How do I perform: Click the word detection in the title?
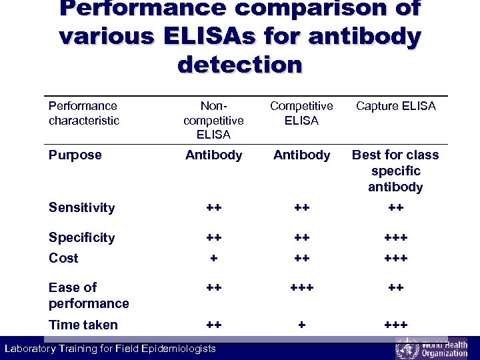click(x=240, y=65)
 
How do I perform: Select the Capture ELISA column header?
click(x=395, y=106)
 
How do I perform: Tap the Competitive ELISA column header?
click(x=301, y=113)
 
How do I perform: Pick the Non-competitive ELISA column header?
click(x=213, y=120)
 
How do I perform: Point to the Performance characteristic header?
click(x=83, y=113)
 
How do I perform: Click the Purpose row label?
click(x=75, y=155)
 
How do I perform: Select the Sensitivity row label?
click(x=81, y=207)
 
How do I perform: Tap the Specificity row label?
click(x=81, y=237)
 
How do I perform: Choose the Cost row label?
click(x=63, y=258)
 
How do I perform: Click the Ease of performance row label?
click(x=88, y=295)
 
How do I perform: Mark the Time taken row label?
click(x=83, y=325)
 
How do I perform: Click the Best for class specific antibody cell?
click(x=395, y=171)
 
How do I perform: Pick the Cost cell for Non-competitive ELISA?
click(x=213, y=259)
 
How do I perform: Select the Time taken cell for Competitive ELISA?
click(x=301, y=325)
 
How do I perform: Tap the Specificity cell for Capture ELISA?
click(x=395, y=238)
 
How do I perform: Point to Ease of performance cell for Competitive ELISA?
click(x=301, y=288)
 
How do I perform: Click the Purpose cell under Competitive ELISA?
click(x=301, y=155)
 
